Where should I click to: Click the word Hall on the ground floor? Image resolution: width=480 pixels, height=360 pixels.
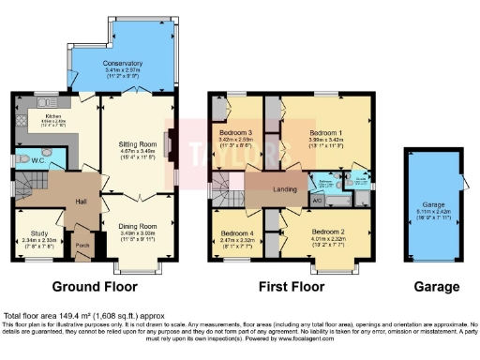(x=82, y=201)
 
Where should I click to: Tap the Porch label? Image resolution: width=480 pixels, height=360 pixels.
(x=82, y=247)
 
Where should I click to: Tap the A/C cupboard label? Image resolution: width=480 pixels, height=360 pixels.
(x=316, y=201)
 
